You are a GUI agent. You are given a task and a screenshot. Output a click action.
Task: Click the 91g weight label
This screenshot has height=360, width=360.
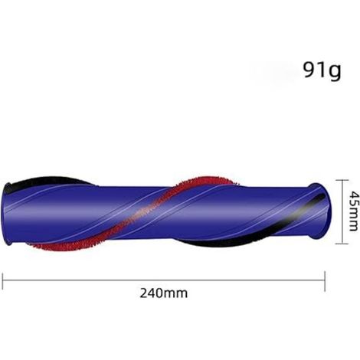click(322, 70)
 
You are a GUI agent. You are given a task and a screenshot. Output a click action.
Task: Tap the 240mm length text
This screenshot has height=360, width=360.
click(163, 293)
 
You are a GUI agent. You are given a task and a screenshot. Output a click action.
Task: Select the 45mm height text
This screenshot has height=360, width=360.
click(354, 211)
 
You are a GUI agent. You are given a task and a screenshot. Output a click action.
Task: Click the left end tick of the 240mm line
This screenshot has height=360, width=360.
click(2, 281)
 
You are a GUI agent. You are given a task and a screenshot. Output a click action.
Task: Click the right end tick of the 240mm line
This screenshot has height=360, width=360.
click(325, 281)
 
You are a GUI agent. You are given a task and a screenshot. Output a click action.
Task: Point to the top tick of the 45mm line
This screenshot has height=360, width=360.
click(342, 180)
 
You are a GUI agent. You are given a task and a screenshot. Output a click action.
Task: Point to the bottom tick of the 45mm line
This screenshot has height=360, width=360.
click(342, 244)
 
